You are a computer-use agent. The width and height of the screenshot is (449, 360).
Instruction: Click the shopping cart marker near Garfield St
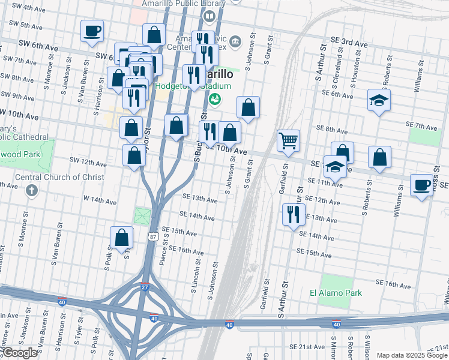click(x=289, y=142)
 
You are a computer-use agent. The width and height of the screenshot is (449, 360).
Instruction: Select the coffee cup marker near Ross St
click(x=422, y=185)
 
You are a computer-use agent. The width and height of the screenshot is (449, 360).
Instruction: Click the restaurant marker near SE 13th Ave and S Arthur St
click(x=294, y=214)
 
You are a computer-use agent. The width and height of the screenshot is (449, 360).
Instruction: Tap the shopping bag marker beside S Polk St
click(x=122, y=237)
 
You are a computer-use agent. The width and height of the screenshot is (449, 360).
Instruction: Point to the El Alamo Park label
click(x=336, y=293)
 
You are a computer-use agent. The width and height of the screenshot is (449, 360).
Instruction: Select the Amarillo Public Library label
click(x=179, y=4)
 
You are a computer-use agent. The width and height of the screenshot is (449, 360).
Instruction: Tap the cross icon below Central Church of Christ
click(x=32, y=191)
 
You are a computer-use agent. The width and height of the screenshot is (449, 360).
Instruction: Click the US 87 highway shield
click(x=153, y=238)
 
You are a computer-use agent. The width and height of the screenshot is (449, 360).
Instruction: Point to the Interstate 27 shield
click(x=145, y=287)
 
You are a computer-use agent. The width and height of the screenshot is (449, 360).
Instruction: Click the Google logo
click(x=20, y=353)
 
